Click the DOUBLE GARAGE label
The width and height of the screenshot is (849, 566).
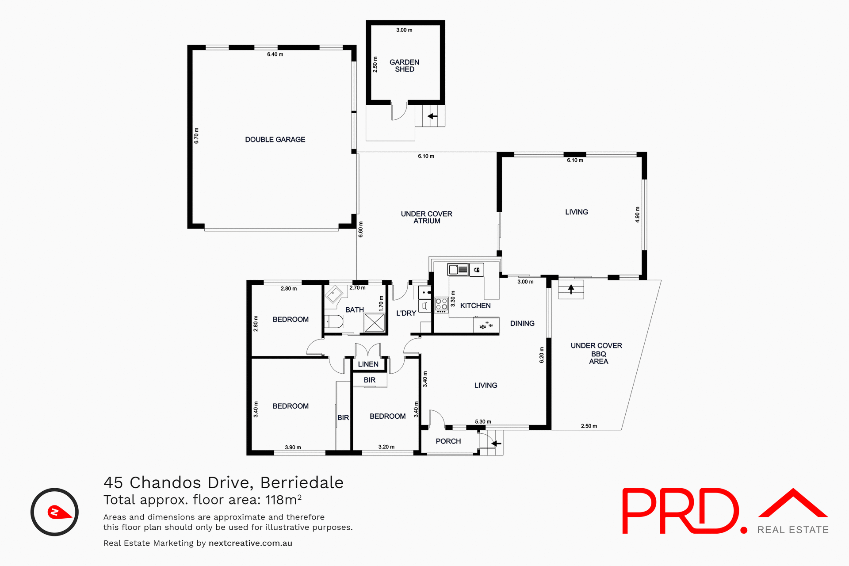point(275,140)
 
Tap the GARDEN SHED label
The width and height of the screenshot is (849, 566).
point(404,66)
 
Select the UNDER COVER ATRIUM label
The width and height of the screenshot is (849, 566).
point(426,218)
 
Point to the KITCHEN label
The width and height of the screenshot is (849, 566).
point(475,306)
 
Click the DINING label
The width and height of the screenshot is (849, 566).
point(522,324)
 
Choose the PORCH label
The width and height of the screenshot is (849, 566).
point(448,441)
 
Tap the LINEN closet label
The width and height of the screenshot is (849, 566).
point(368,364)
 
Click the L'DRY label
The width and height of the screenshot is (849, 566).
point(406,313)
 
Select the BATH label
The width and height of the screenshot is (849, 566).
point(354,310)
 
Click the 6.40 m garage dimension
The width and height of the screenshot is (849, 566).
point(275,54)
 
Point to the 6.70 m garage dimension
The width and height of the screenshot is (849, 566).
point(197,136)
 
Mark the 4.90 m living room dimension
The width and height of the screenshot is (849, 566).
point(637,214)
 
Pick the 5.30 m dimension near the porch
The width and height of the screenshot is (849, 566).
point(483,422)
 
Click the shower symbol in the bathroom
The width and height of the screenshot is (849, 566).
point(374,322)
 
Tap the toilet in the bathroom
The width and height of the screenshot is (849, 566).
point(335,321)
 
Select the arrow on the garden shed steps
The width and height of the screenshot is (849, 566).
point(432,116)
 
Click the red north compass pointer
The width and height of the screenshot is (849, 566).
point(59,512)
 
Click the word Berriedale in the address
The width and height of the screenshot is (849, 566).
point(302,483)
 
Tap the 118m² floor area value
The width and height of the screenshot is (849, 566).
point(283,500)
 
